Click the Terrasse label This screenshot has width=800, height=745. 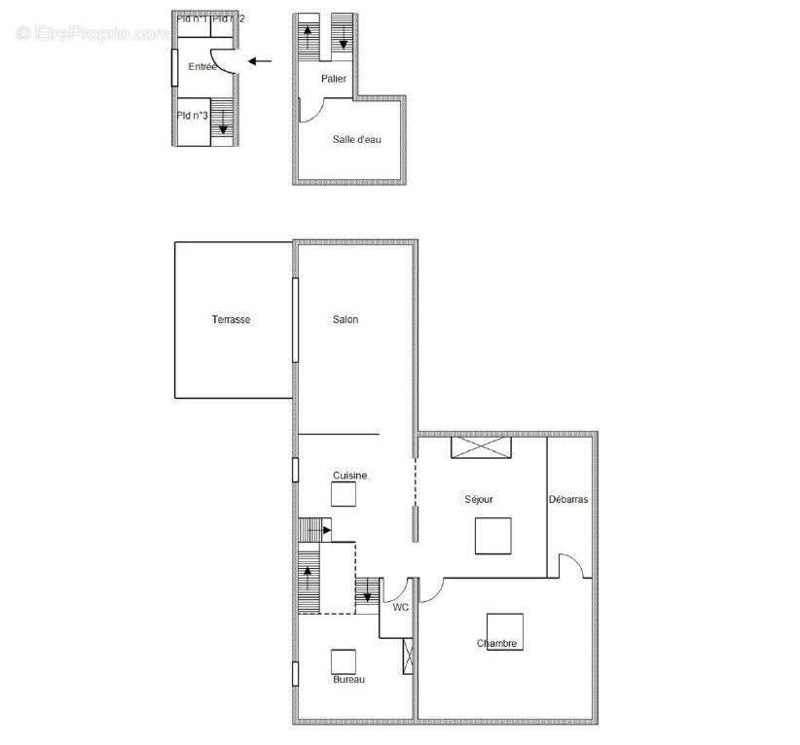232,320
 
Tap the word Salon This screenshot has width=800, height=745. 345,320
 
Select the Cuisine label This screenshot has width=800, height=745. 349,475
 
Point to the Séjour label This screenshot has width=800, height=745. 478,499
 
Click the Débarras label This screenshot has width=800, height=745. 567,499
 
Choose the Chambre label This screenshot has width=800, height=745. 496,644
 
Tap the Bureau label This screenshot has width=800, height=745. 348,679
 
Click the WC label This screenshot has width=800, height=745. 400,607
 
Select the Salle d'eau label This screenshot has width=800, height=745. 357,140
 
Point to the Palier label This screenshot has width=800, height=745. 334,79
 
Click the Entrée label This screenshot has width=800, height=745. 202,66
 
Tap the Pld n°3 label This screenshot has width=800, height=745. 193,116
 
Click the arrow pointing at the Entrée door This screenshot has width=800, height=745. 260,61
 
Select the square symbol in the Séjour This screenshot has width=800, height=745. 493,536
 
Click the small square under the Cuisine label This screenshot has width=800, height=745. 345,495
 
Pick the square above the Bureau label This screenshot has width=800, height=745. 345,661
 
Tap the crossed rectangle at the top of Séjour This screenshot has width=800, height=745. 481,447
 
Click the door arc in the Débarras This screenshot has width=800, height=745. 572,565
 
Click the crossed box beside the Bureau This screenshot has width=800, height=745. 409,656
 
